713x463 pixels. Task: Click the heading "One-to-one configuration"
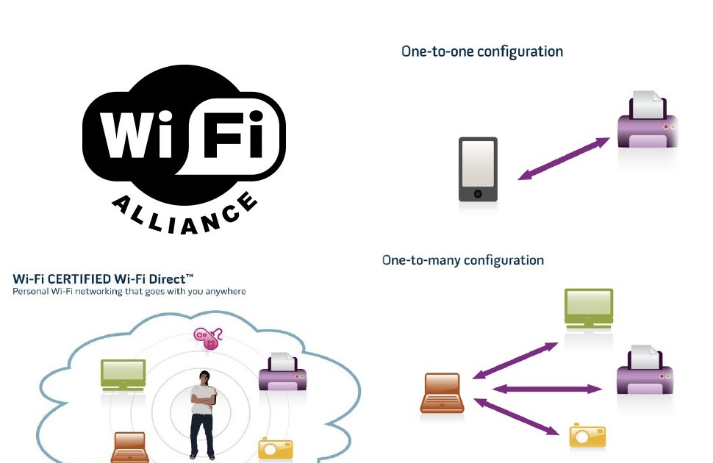pos(482,51)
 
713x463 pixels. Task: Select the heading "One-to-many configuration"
pos(463,260)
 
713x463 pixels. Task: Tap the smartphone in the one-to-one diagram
pos(478,169)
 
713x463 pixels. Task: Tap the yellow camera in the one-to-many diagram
pos(588,436)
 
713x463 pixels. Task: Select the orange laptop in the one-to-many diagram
pos(443,392)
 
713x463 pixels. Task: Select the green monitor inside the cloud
pos(123,373)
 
